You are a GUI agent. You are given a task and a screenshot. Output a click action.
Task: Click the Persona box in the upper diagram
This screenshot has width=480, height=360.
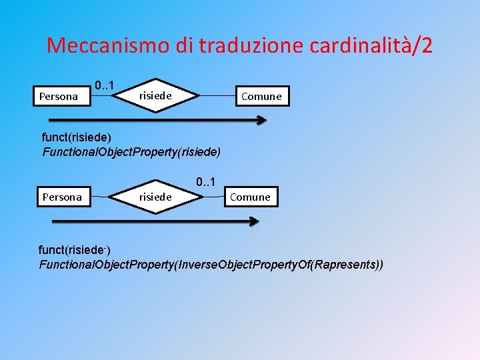[x=59, y=96]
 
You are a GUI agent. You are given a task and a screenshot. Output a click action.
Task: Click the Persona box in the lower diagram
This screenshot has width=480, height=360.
[x=62, y=197]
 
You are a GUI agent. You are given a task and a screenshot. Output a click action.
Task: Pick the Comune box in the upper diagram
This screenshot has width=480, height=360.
[x=261, y=96]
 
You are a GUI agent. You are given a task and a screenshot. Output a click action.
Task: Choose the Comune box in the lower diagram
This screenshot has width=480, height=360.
[x=250, y=197]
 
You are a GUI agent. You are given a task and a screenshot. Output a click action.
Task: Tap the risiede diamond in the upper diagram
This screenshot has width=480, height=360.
[x=156, y=96]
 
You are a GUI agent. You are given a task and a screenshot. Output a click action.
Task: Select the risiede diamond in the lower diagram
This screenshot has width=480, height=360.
[x=155, y=197]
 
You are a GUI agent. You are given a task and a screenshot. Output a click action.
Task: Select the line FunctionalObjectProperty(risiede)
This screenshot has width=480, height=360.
[x=131, y=151]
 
